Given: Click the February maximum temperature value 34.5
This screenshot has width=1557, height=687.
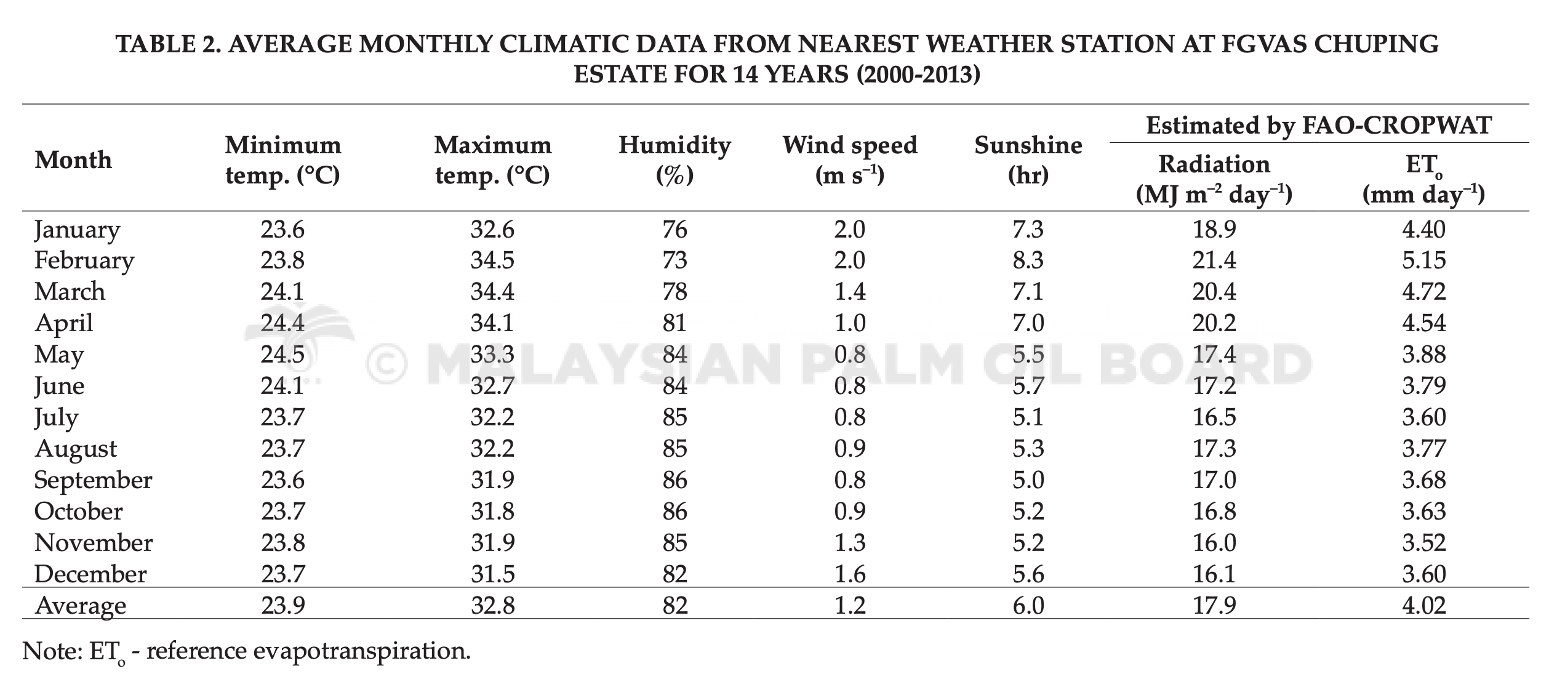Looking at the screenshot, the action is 492,260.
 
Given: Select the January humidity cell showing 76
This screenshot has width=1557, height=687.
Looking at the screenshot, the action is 674,230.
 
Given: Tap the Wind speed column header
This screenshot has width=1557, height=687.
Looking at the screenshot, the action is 850,160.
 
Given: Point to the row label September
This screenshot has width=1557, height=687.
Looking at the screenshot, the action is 93,481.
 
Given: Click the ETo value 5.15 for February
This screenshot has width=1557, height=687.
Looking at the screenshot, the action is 1423,260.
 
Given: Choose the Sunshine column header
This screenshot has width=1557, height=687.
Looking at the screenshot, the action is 1028,160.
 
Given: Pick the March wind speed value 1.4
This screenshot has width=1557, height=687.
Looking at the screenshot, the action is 850,292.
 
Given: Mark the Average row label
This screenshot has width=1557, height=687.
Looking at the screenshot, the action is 81,606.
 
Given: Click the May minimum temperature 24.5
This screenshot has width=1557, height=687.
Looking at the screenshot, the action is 282,355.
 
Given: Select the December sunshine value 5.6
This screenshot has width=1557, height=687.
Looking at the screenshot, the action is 1028,574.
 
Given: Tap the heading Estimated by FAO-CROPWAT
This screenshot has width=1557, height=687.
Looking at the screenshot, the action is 1319,126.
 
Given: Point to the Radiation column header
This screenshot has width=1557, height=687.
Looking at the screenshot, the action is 1214,179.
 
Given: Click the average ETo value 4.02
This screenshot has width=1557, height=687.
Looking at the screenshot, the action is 1423,606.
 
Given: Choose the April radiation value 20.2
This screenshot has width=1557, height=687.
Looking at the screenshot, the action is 1214,323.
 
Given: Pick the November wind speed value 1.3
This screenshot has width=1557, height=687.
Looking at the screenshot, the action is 850,543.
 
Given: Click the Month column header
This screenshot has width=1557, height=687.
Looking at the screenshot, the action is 73,160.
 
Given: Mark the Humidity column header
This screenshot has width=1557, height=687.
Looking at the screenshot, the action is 674,160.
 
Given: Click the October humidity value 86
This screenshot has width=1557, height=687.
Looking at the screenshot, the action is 674,512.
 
